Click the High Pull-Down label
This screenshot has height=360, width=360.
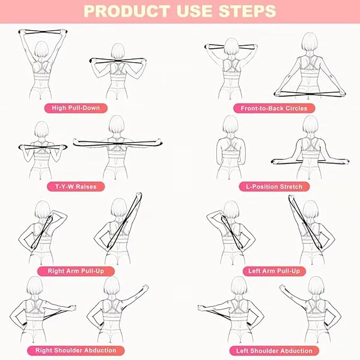point(75,108)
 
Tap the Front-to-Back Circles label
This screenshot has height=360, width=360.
point(274,108)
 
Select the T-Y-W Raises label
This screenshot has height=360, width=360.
point(75,187)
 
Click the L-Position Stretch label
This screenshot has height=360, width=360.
point(274,187)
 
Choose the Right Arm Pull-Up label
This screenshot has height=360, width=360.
point(76,271)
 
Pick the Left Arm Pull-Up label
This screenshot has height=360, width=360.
point(274,271)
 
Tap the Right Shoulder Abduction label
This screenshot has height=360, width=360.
point(76,350)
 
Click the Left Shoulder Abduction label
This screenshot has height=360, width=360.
point(274,350)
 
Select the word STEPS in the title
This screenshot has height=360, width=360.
point(250,11)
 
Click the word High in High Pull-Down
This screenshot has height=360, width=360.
point(59,108)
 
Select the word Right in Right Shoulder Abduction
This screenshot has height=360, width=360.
point(45,350)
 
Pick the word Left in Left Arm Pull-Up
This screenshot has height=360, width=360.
point(256,271)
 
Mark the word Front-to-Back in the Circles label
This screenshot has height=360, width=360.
point(262,108)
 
